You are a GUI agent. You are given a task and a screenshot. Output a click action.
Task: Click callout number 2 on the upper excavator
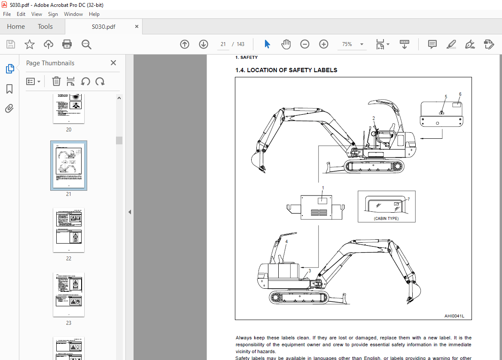click(374, 118)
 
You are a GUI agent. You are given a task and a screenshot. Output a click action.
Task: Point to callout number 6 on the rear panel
click(460, 94)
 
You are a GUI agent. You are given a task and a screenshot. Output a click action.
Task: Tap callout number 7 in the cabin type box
click(408, 199)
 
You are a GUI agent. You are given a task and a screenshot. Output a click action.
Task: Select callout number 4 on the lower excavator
click(286, 241)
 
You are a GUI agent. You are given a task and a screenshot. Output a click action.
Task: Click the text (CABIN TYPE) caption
click(386, 218)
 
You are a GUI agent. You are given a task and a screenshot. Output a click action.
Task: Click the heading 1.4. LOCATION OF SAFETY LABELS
click(286, 70)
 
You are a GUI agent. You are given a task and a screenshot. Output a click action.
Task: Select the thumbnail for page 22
click(69, 230)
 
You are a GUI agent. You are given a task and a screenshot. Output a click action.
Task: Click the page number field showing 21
click(223, 44)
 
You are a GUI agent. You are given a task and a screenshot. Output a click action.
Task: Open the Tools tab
click(45, 27)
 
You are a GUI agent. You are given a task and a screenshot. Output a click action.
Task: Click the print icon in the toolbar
click(67, 44)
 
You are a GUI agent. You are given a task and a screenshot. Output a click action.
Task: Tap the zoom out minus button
click(305, 44)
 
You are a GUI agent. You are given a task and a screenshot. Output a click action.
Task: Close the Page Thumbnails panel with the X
click(113, 63)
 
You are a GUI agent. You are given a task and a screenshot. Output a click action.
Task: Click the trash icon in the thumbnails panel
click(56, 81)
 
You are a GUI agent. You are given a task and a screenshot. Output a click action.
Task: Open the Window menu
click(73, 14)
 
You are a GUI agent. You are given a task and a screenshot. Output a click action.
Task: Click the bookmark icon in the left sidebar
click(9, 89)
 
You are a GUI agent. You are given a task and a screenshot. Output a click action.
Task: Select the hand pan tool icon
click(286, 44)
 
